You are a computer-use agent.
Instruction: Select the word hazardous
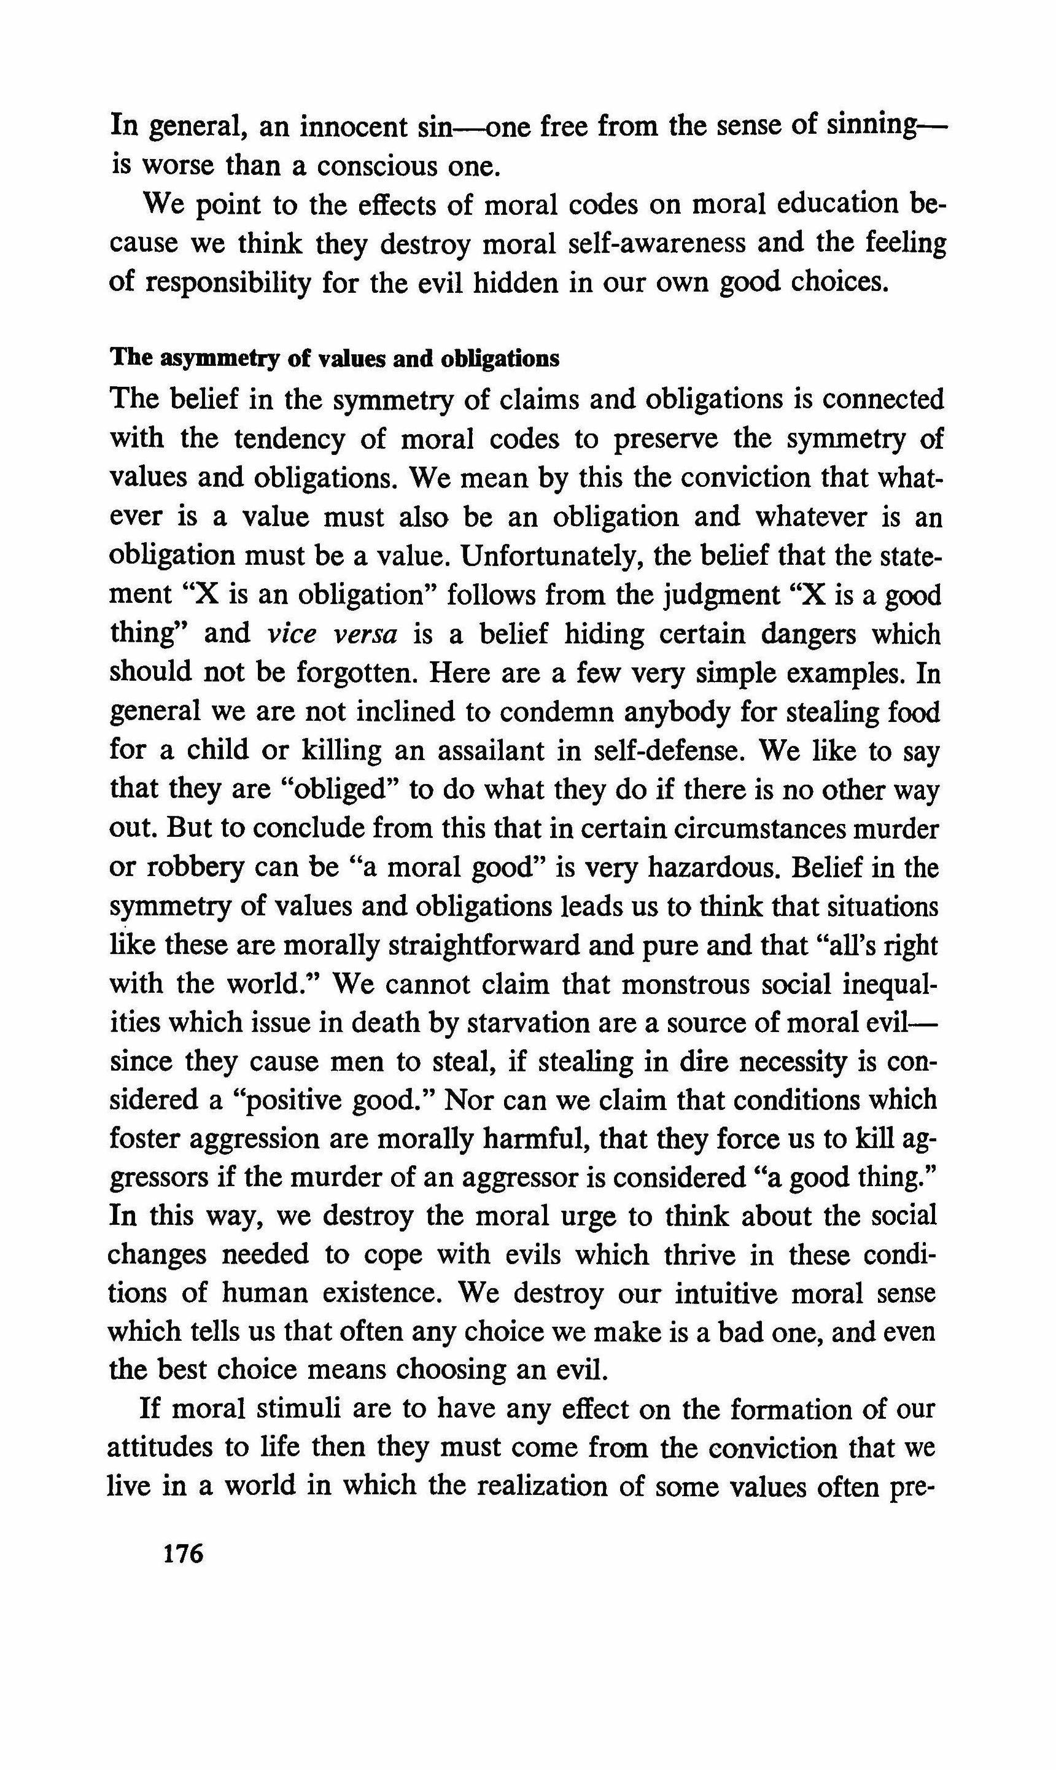[711, 868]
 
